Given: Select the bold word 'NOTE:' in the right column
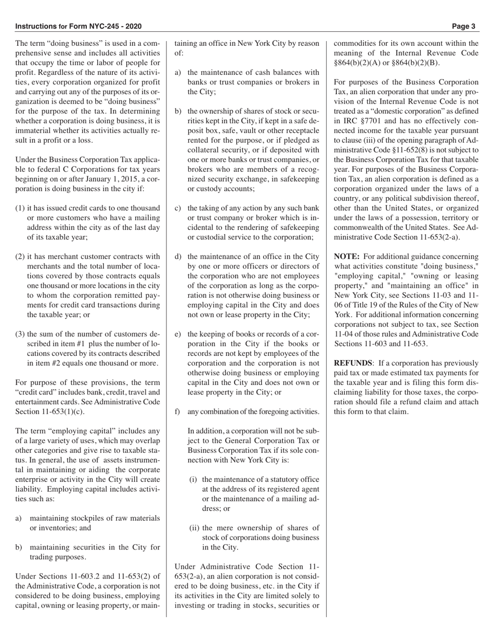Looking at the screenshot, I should (x=346, y=257).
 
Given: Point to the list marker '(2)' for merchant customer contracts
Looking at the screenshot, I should (x=20, y=257).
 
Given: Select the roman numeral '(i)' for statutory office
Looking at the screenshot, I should (x=193, y=479).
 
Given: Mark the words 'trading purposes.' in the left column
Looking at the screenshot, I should (x=57, y=557).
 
